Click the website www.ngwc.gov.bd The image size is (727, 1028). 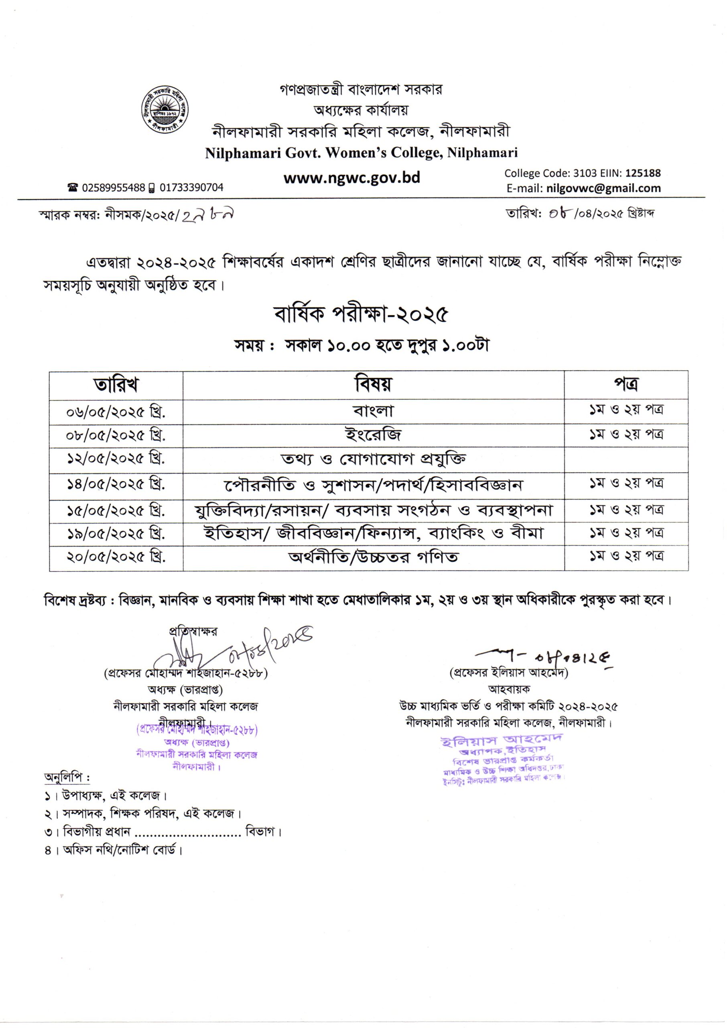click(x=352, y=178)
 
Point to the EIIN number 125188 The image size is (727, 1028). click(x=643, y=173)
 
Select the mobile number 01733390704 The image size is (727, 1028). click(x=191, y=188)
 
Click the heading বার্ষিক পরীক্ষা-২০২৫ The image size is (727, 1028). click(x=361, y=315)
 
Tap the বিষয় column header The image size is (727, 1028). click(x=374, y=384)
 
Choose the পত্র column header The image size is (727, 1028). click(x=625, y=384)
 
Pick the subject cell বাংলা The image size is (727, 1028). click(x=374, y=411)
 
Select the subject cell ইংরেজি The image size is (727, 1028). click(x=374, y=435)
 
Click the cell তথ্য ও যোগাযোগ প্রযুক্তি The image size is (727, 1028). click(x=374, y=459)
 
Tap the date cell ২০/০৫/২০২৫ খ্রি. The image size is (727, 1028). click(x=116, y=558)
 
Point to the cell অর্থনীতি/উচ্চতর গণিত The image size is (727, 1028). click(x=374, y=557)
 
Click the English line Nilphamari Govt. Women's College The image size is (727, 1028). click(x=361, y=153)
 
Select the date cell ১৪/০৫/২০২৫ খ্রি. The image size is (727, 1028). click(x=116, y=485)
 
